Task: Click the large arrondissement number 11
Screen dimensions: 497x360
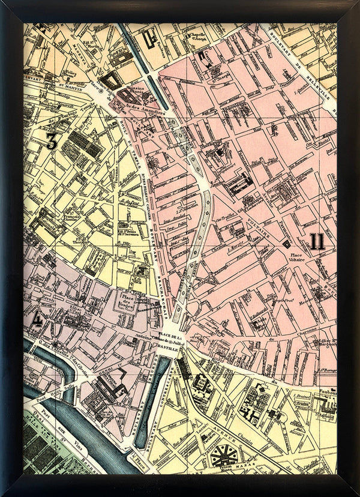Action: (x=317, y=242)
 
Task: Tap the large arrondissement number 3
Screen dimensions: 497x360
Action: (x=52, y=142)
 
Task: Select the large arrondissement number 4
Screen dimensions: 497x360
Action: (x=37, y=319)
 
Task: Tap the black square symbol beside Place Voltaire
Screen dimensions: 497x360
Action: (x=287, y=244)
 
